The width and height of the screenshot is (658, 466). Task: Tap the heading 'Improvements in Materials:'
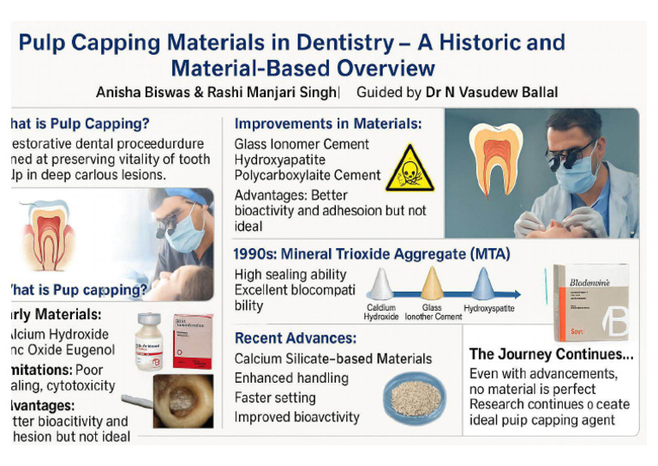[x=327, y=124]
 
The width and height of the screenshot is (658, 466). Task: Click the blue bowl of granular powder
[x=416, y=396]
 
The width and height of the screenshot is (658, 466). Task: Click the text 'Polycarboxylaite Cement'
[x=308, y=176]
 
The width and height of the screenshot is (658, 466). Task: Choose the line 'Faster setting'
[x=275, y=397]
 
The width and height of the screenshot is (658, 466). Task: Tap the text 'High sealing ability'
[x=290, y=275]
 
